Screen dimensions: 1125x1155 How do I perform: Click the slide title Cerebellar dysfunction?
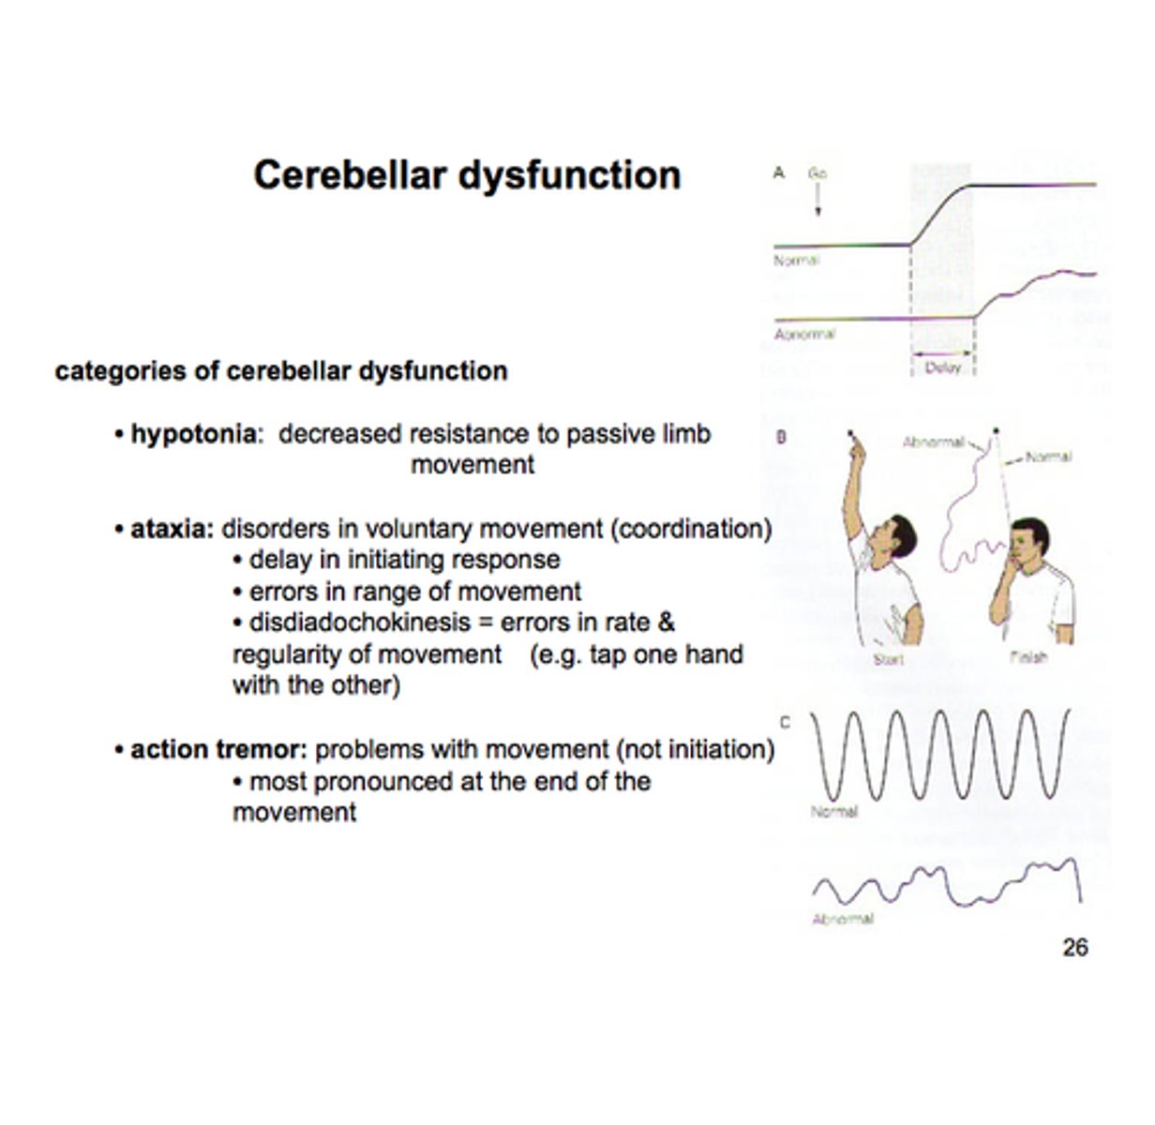tap(467, 175)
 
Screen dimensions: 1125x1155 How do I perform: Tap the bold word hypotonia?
tap(192, 434)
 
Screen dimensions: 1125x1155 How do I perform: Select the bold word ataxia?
tap(172, 530)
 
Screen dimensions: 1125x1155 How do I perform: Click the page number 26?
tap(1074, 948)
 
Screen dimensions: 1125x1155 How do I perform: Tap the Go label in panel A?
tap(817, 173)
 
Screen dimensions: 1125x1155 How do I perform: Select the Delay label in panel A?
tap(942, 368)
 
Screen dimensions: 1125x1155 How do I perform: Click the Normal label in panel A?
tap(796, 261)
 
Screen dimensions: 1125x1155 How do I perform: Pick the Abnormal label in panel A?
tap(804, 334)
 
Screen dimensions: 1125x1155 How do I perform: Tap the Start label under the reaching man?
tap(888, 660)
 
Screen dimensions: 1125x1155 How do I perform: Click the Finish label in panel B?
tap(1027, 657)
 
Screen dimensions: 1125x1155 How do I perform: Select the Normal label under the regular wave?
tap(833, 812)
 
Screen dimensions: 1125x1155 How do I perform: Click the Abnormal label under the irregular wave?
tap(842, 920)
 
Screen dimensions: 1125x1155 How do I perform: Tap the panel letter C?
tap(785, 722)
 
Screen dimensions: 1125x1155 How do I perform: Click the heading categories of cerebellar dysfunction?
tap(281, 371)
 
